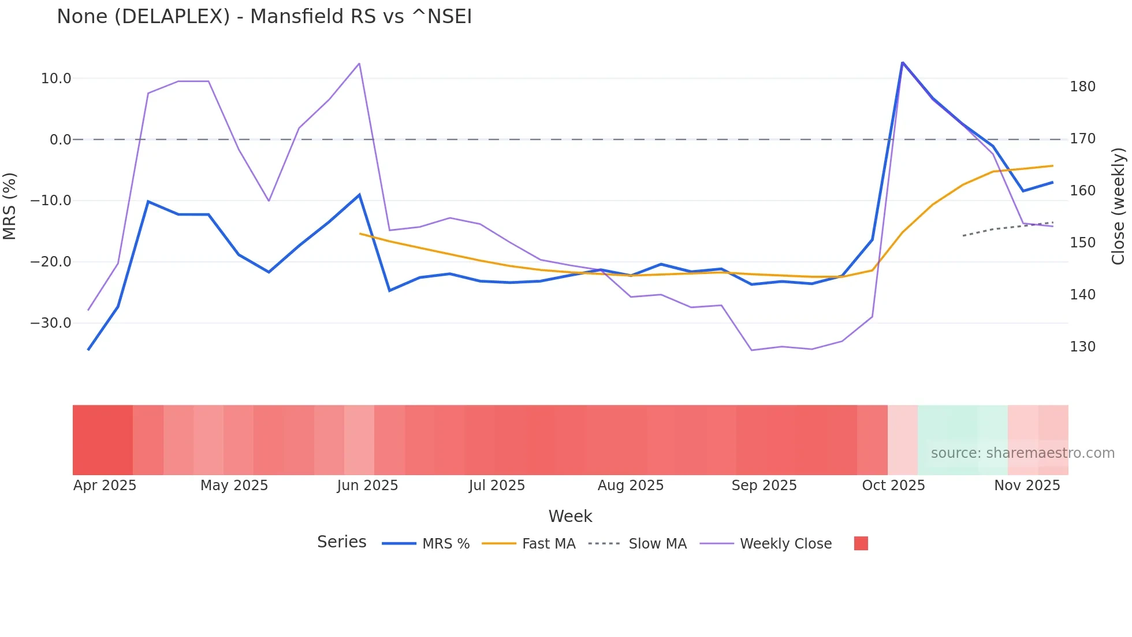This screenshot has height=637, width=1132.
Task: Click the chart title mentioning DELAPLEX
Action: [264, 17]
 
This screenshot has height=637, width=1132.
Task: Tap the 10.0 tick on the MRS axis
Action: [56, 79]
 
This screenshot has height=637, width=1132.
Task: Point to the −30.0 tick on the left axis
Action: [51, 323]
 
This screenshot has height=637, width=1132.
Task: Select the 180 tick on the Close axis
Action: [1082, 87]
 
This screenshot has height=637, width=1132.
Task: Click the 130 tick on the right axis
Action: [1082, 347]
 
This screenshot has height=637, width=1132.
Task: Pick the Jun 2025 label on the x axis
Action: [367, 486]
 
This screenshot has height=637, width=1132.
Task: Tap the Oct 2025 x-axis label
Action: [893, 486]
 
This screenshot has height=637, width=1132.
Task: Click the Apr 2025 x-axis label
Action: [105, 486]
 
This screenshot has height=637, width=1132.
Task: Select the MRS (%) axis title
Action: [10, 206]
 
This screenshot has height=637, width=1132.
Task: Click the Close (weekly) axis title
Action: [1118, 206]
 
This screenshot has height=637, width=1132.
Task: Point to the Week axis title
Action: [570, 516]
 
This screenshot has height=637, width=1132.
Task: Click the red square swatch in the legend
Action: [861, 543]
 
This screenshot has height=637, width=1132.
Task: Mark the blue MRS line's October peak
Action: [902, 62]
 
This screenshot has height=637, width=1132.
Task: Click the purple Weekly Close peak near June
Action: [359, 64]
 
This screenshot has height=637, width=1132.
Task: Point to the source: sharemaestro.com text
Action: [1022, 453]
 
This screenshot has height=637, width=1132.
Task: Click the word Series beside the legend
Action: [341, 542]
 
